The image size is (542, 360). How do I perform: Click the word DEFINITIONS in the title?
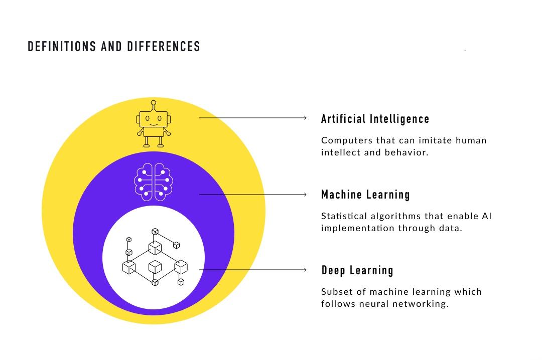tap(62, 47)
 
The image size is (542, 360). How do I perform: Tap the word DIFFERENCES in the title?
tap(164, 47)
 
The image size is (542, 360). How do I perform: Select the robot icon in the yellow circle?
tap(154, 124)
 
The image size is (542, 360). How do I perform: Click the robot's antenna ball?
tap(154, 103)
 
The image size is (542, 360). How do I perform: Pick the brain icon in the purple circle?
tap(154, 182)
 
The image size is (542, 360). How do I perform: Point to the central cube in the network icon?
tap(155, 267)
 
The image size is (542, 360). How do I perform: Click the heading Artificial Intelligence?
tap(375, 119)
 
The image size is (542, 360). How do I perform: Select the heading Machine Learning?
tap(365, 195)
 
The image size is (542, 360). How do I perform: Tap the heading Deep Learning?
tap(357, 270)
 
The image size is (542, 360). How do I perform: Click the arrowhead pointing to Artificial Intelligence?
tap(305, 118)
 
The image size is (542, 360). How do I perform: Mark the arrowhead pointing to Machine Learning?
tap(305, 195)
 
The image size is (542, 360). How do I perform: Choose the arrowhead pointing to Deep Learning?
tap(305, 269)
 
